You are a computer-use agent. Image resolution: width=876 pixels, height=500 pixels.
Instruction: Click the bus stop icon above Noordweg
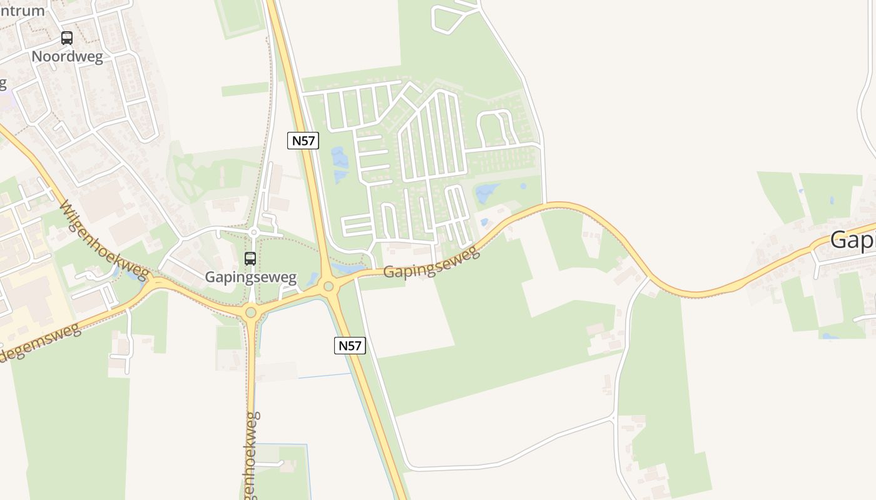(67, 38)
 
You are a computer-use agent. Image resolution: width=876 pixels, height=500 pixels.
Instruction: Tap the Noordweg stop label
(67, 56)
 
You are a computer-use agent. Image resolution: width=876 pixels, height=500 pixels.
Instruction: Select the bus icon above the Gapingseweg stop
(250, 258)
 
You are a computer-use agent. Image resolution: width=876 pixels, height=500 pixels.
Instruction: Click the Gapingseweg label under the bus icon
(251, 276)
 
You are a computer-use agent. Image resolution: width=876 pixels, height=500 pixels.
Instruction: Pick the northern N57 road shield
(303, 141)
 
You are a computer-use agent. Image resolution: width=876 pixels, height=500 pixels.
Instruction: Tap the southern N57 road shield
(350, 345)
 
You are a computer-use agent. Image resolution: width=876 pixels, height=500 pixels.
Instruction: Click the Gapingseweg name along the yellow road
(431, 263)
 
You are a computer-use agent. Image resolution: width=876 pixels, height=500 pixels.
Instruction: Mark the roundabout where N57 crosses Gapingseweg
(328, 286)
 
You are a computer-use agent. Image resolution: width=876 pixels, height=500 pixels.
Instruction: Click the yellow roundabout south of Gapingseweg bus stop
(251, 312)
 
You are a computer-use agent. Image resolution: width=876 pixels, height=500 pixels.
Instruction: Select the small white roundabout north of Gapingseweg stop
(253, 232)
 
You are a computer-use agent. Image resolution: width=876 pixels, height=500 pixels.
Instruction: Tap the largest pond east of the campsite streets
(487, 192)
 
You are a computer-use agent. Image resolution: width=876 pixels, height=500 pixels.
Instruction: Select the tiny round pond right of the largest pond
(523, 186)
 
